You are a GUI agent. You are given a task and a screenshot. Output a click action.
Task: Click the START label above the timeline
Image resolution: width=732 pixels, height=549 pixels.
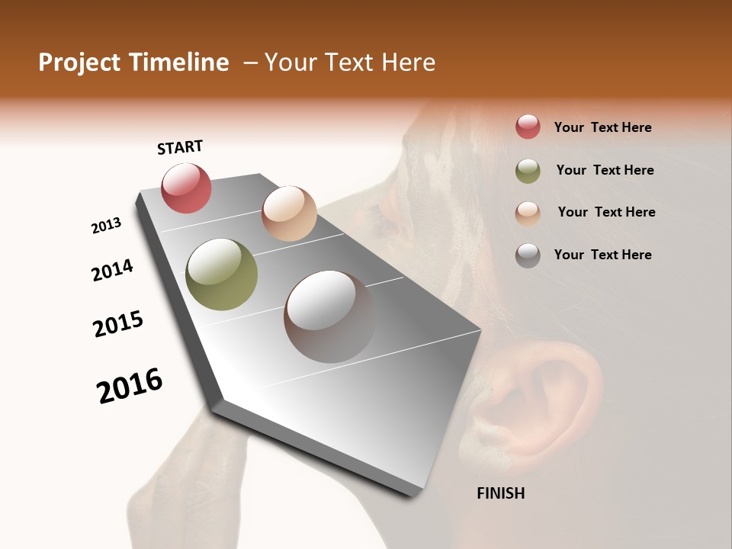click(x=180, y=147)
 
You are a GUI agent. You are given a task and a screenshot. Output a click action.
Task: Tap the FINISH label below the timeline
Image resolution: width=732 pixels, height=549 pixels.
click(x=500, y=493)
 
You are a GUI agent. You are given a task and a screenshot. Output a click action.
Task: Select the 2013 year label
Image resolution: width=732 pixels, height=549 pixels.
click(x=106, y=226)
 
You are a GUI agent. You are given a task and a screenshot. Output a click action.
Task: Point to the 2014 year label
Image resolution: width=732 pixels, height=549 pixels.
click(x=112, y=270)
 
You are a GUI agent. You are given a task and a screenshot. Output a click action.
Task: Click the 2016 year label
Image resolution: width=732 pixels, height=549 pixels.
click(x=130, y=385)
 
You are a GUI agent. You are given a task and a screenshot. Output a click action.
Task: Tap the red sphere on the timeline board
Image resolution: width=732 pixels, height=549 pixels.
click(x=186, y=188)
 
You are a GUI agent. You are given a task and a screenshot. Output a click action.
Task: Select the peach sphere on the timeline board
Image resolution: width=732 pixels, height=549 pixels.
click(x=289, y=213)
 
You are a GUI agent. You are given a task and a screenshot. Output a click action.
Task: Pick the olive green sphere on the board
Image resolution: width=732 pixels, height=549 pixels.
click(x=221, y=274)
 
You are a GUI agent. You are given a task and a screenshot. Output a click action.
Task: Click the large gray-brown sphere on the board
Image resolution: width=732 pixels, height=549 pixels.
click(x=329, y=316)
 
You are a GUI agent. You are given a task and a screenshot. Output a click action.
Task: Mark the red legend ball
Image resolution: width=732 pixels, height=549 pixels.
click(x=528, y=127)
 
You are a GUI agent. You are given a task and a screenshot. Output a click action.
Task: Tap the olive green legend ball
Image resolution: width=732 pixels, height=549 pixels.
click(x=528, y=171)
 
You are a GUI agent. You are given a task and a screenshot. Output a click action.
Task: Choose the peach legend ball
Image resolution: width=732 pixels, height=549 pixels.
click(x=528, y=213)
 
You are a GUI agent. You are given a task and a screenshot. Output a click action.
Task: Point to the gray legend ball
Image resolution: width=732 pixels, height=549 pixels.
click(x=528, y=255)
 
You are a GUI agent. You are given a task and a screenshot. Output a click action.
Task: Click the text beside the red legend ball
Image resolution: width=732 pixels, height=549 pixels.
click(x=602, y=127)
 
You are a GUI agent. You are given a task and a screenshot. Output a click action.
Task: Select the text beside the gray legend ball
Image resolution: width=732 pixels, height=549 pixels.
click(x=602, y=255)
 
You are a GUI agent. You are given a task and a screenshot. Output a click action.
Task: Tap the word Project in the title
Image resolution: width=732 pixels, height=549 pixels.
click(x=79, y=63)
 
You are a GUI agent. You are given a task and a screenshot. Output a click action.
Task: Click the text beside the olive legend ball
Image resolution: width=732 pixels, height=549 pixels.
click(x=605, y=170)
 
